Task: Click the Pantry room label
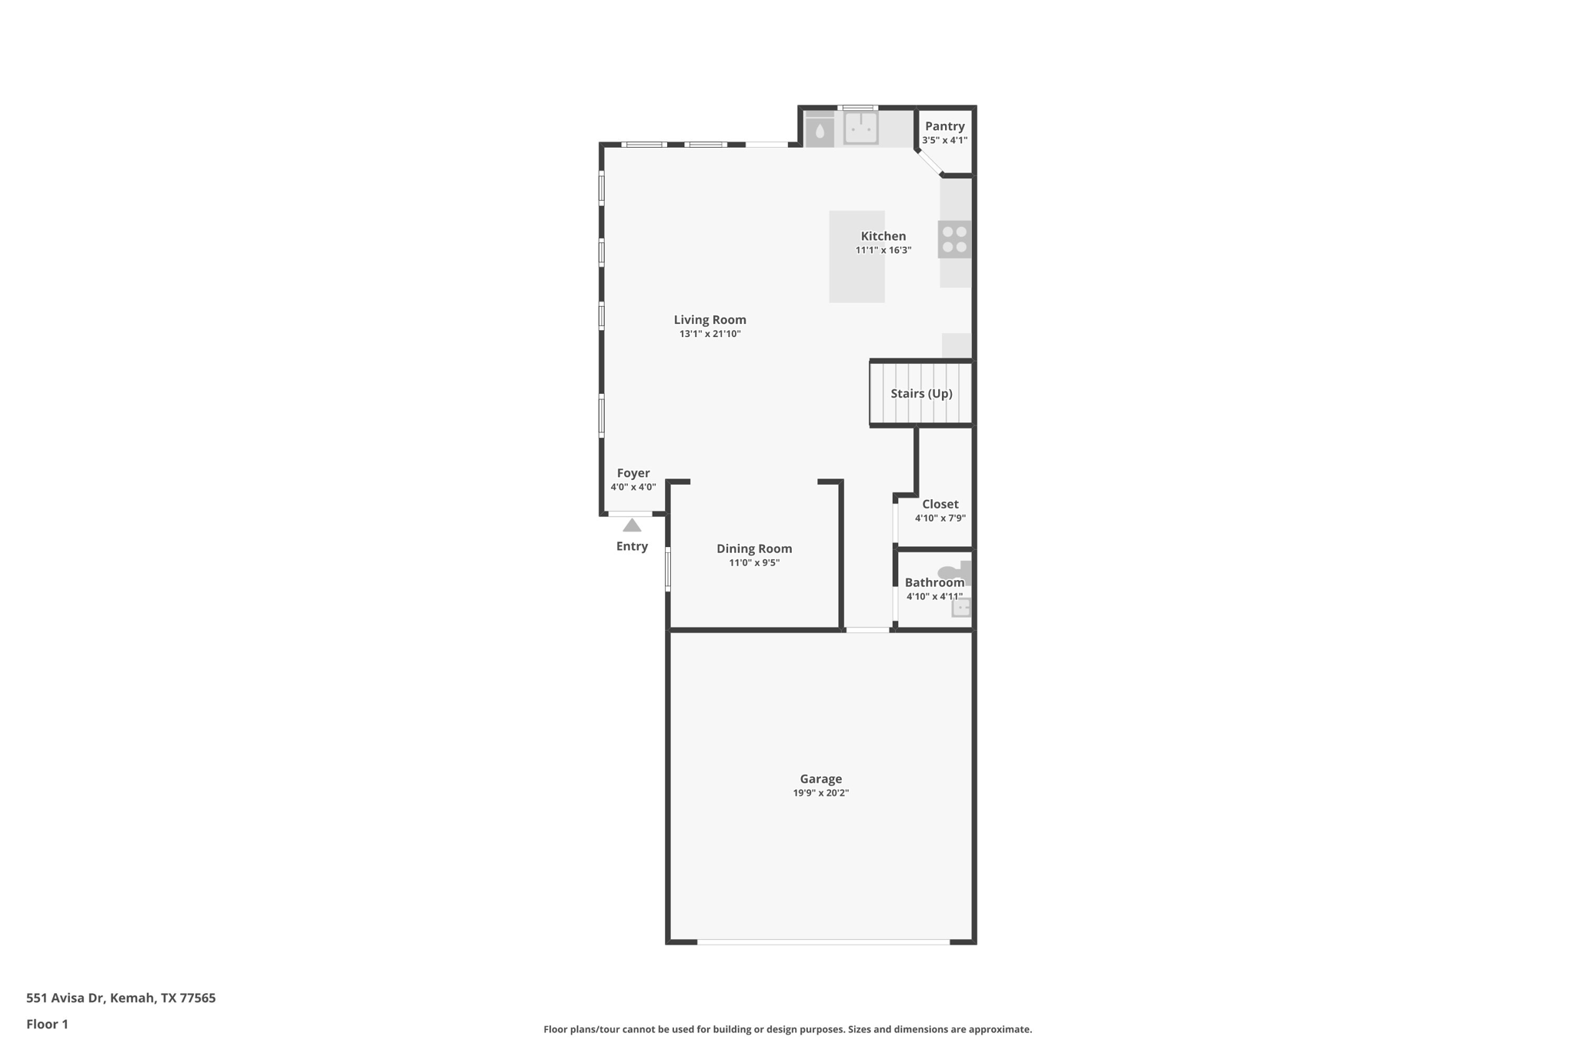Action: [x=944, y=126]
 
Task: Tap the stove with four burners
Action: [x=954, y=239]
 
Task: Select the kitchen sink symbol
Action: [x=860, y=128]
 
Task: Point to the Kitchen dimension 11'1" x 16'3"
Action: [x=883, y=250]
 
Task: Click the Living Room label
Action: [x=710, y=320]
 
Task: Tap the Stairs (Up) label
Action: [x=921, y=393]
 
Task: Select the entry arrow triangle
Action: [x=632, y=525]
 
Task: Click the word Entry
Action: [x=632, y=546]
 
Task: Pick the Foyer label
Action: [x=633, y=473]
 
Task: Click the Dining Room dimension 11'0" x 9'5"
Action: [x=754, y=563]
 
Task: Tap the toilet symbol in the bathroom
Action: [x=954, y=572]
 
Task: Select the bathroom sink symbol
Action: [x=961, y=608]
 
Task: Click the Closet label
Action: [x=940, y=504]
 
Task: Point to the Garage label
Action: [x=820, y=778]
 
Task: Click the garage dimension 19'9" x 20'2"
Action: [x=820, y=793]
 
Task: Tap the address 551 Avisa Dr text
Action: [x=121, y=998]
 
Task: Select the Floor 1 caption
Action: [x=47, y=1024]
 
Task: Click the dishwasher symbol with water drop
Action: [x=820, y=132]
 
